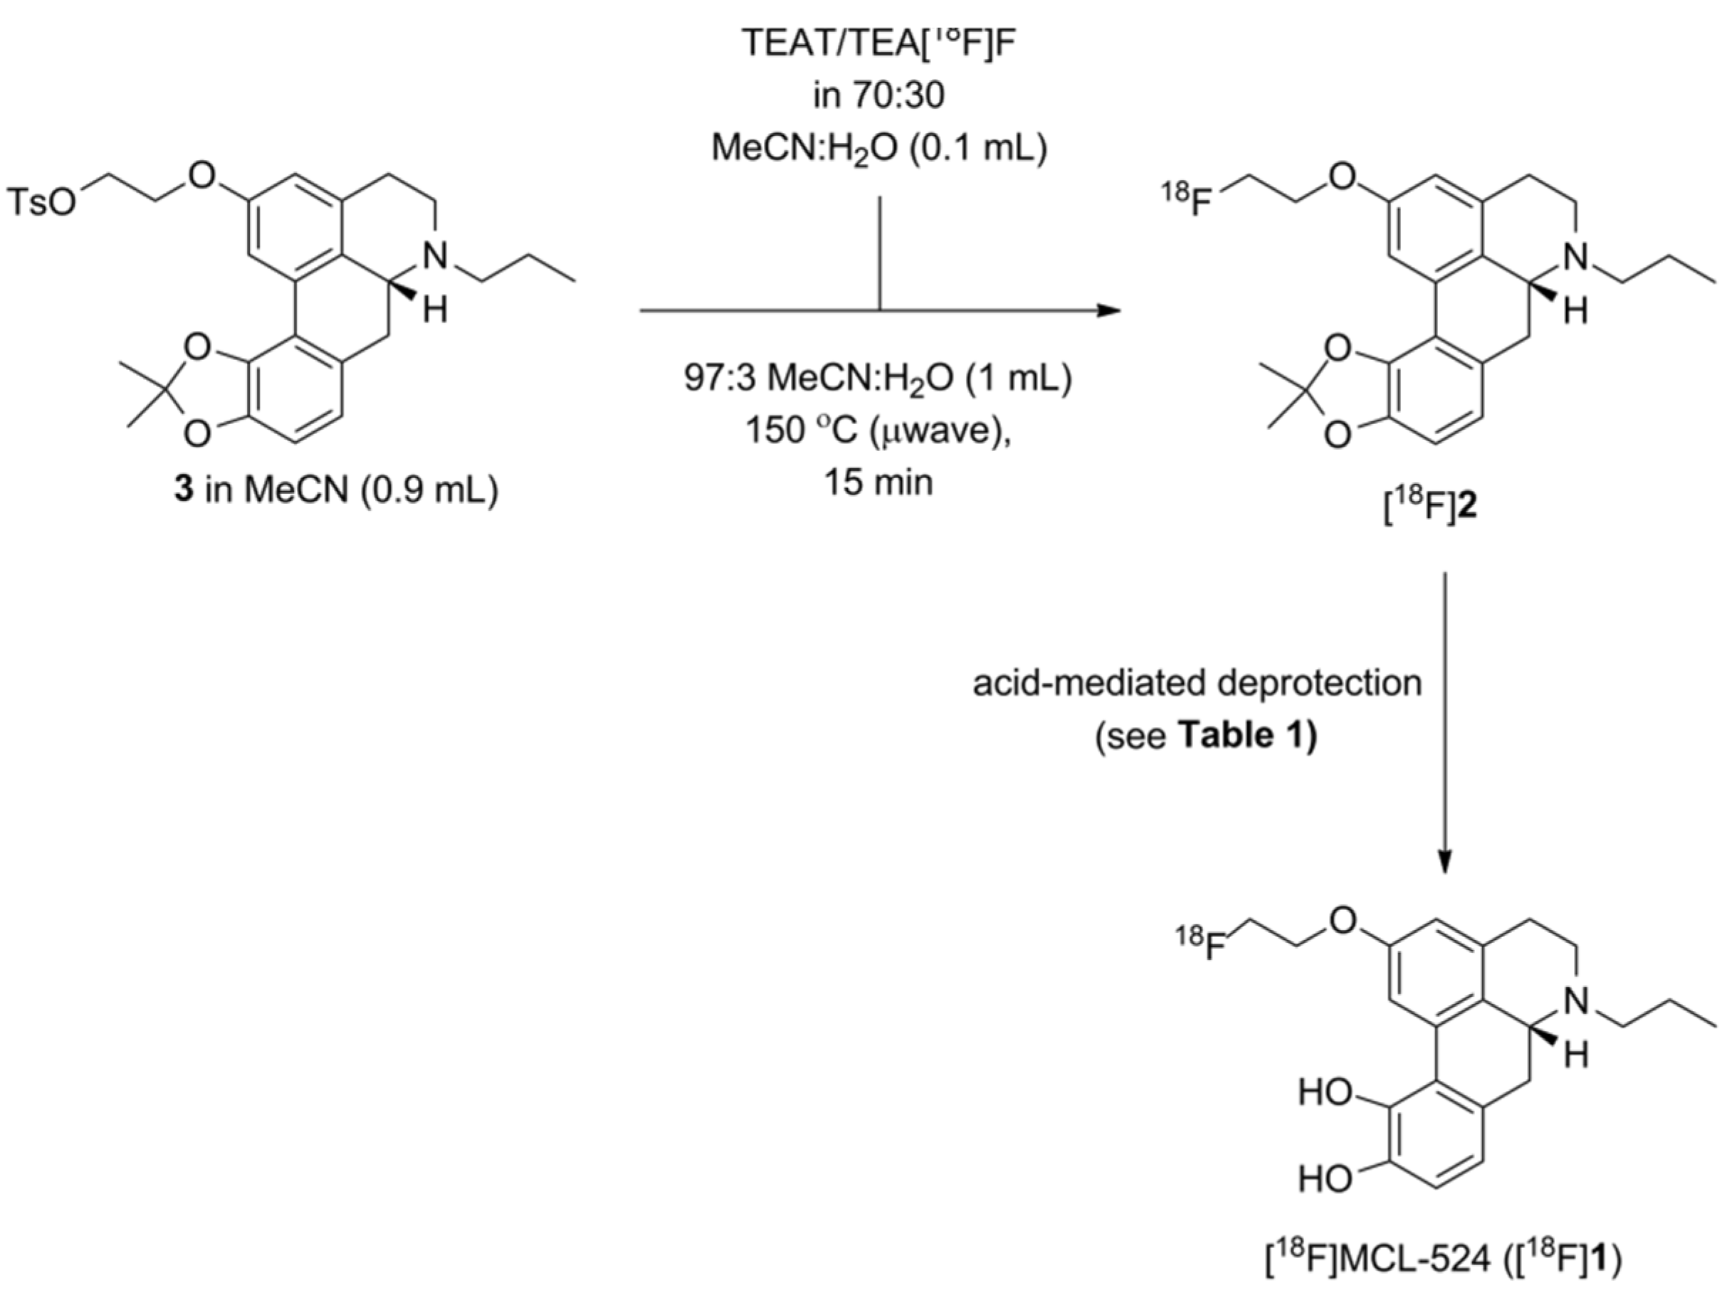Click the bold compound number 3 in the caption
coord(183,491)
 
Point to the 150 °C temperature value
coord(791,430)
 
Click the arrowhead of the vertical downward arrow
coord(1445,860)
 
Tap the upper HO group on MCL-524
coord(1325,1093)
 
